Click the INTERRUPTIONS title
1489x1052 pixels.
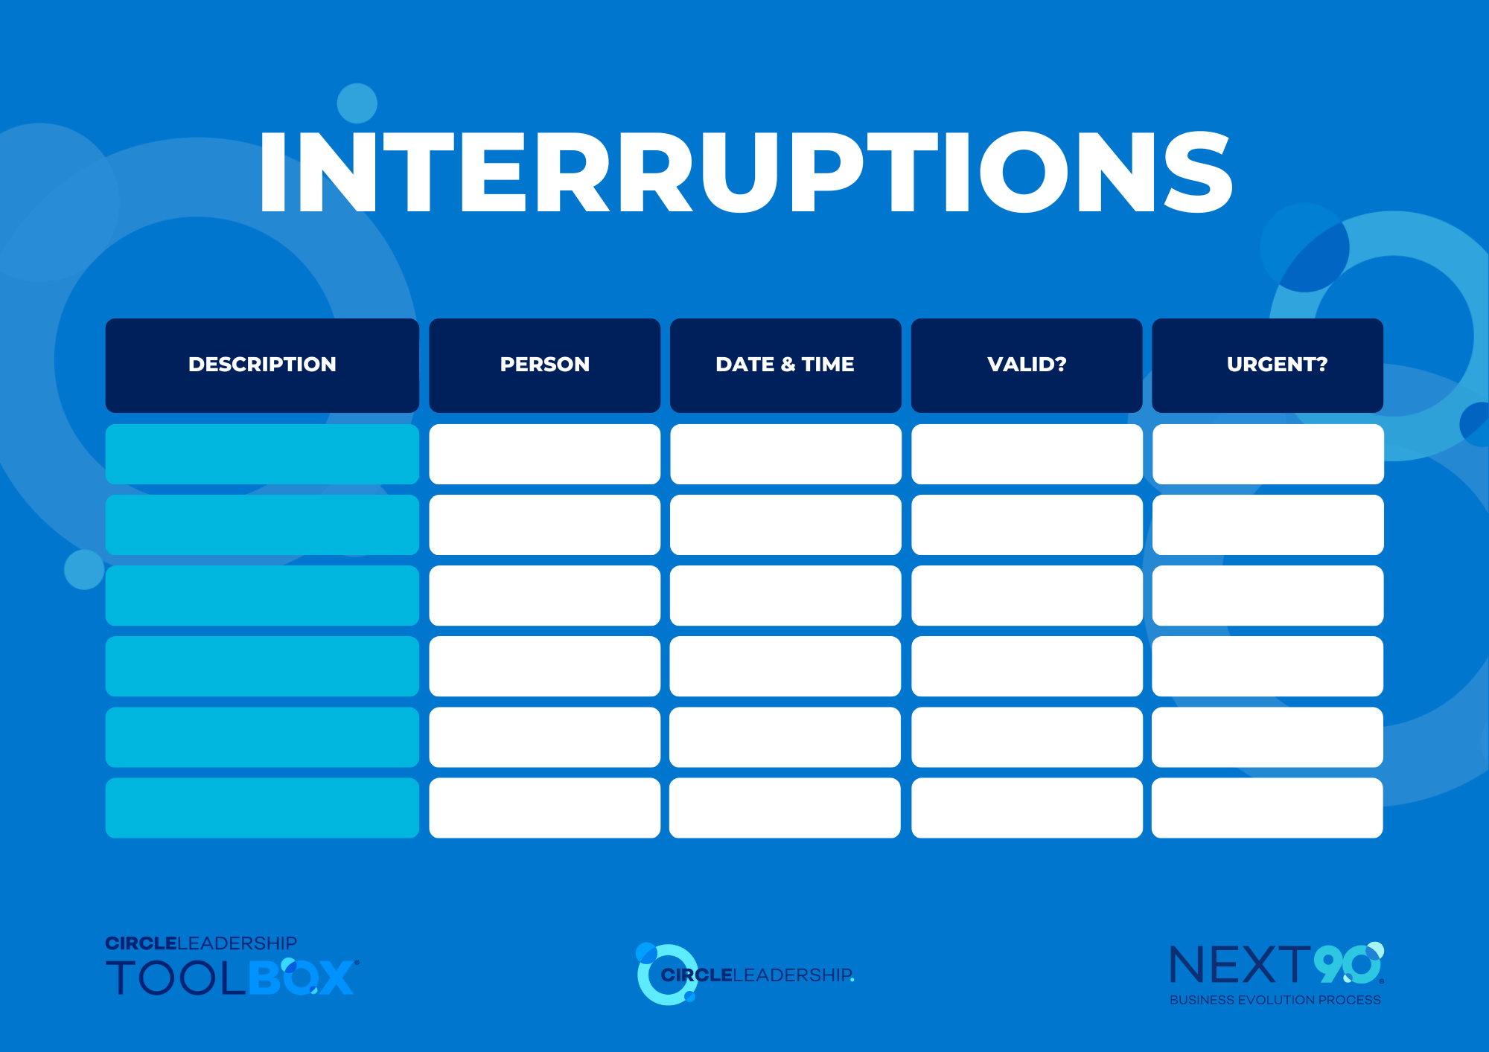(745, 173)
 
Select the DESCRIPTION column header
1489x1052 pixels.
(262, 365)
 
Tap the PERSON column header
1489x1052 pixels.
(545, 365)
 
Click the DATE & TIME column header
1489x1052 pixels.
(785, 365)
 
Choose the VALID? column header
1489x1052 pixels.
(1027, 365)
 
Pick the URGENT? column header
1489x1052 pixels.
(1268, 365)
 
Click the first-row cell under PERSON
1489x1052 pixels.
(545, 454)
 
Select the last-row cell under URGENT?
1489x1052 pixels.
(1268, 808)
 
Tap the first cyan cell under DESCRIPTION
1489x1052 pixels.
(262, 454)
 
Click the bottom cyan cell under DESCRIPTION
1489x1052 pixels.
(262, 808)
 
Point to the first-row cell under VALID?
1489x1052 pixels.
(1027, 454)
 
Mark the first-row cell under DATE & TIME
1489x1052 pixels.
(785, 454)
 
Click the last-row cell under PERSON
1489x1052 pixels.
(545, 808)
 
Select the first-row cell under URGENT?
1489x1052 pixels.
(1268, 454)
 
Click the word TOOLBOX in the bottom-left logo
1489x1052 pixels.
(232, 978)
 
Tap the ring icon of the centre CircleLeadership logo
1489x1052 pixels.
(642, 975)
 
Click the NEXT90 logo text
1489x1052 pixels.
(1277, 965)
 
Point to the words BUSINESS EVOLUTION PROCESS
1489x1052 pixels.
(1275, 1000)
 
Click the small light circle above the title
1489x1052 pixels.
(357, 103)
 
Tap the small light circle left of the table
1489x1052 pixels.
(84, 570)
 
